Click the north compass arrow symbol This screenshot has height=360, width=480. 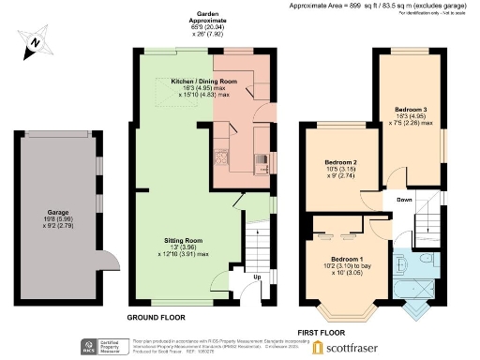pos(33,42)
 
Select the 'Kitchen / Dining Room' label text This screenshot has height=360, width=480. pos(203,82)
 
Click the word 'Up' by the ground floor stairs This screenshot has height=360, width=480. pos(257,277)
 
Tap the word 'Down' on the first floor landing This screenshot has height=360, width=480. pos(403,200)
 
